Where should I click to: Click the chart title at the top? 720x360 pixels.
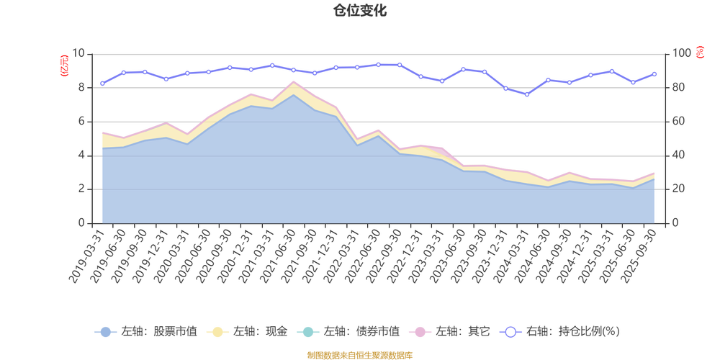[x=359, y=10]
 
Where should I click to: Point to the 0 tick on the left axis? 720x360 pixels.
[x=82, y=223]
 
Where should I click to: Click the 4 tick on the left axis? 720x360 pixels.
[x=82, y=156]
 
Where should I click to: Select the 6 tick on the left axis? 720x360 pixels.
[x=82, y=122]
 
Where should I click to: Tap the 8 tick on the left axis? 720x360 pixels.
[x=82, y=87]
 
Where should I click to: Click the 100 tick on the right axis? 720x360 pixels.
[x=680, y=53]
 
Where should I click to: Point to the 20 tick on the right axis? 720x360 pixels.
[x=678, y=189]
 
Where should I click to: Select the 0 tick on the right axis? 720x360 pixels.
[x=675, y=223]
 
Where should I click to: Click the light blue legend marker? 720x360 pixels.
[x=105, y=332]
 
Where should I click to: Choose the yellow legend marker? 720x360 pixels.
[x=216, y=332]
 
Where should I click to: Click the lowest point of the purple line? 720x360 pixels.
[x=527, y=94]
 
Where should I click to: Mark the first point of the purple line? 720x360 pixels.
[x=102, y=84]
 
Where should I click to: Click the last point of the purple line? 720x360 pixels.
[x=654, y=73]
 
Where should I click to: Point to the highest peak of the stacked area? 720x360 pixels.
[x=292, y=81]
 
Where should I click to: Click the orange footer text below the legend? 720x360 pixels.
[x=359, y=354]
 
